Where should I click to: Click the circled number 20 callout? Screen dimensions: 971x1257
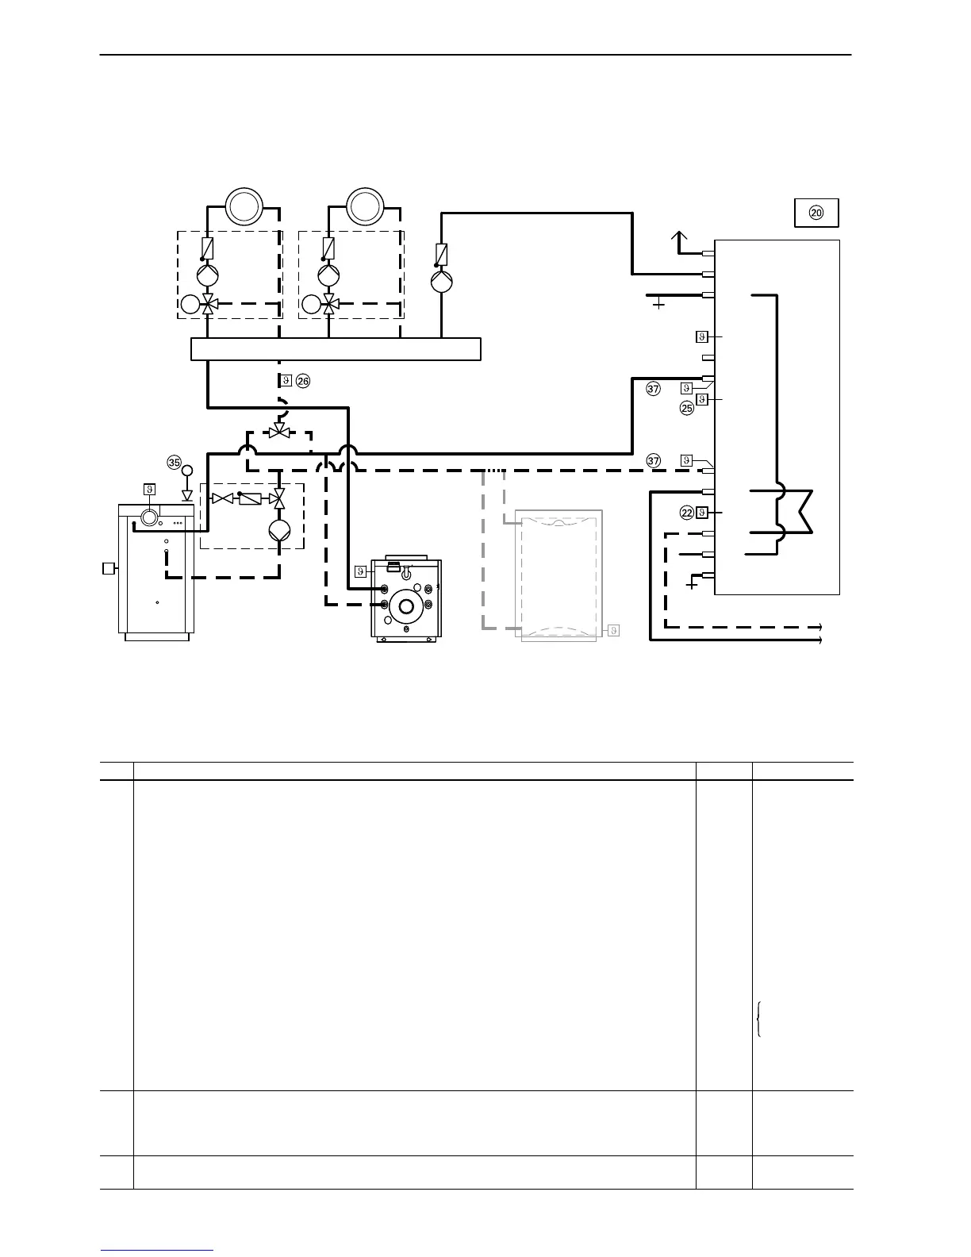[x=816, y=212]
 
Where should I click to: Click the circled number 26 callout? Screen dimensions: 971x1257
[x=303, y=381]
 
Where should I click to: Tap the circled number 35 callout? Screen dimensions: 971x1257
[x=175, y=461]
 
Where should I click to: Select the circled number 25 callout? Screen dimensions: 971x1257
[x=687, y=408]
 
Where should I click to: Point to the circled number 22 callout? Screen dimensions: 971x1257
[x=687, y=513]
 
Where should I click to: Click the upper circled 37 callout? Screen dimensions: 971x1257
[x=654, y=389]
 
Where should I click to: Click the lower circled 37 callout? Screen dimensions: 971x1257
[x=654, y=460]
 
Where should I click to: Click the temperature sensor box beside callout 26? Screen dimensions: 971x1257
[x=286, y=381]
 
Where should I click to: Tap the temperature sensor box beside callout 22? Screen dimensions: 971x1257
[x=701, y=513]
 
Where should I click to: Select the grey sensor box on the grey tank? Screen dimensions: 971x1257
[x=613, y=630]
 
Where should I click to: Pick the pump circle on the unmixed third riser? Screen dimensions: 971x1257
[x=442, y=282]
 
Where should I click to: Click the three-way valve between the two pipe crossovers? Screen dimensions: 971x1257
[x=278, y=432]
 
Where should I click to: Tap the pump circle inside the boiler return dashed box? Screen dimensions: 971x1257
[x=278, y=530]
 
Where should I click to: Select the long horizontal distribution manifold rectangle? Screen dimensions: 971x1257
[x=336, y=349]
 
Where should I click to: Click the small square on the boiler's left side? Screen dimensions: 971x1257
[x=109, y=568]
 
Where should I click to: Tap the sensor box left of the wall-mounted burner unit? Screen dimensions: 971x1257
[x=360, y=571]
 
